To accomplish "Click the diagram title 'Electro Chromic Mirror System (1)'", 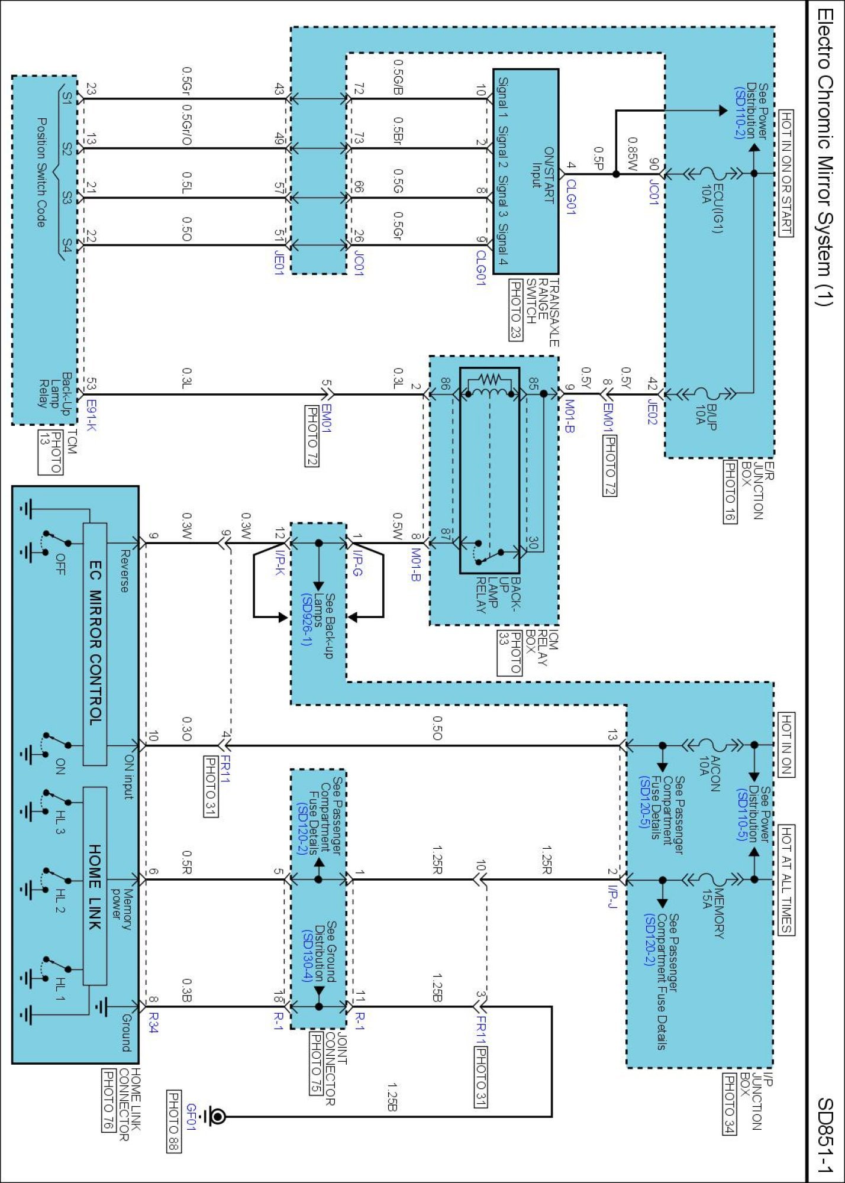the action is click(x=824, y=156).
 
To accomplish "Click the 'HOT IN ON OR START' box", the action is click(x=786, y=173).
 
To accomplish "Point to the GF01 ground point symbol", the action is click(x=215, y=1116).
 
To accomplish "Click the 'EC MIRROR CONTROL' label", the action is click(x=95, y=643).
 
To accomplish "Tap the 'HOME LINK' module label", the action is click(x=95, y=886).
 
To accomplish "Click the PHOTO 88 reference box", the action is click(x=174, y=1121).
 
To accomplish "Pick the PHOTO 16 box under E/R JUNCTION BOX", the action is click(x=730, y=492).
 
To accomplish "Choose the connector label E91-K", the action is click(x=91, y=415).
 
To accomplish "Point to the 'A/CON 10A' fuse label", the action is click(x=710, y=774).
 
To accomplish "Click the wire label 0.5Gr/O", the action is click(x=186, y=126).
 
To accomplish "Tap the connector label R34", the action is click(x=153, y=1022).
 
